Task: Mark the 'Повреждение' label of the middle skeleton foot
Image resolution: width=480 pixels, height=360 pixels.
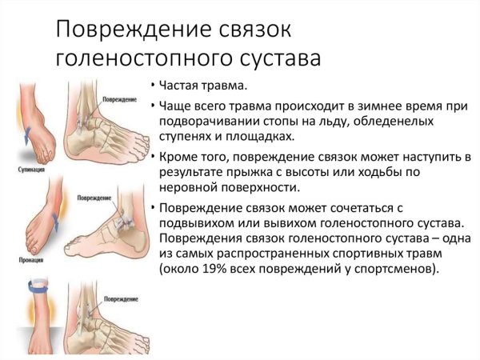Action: (x=94, y=196)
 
